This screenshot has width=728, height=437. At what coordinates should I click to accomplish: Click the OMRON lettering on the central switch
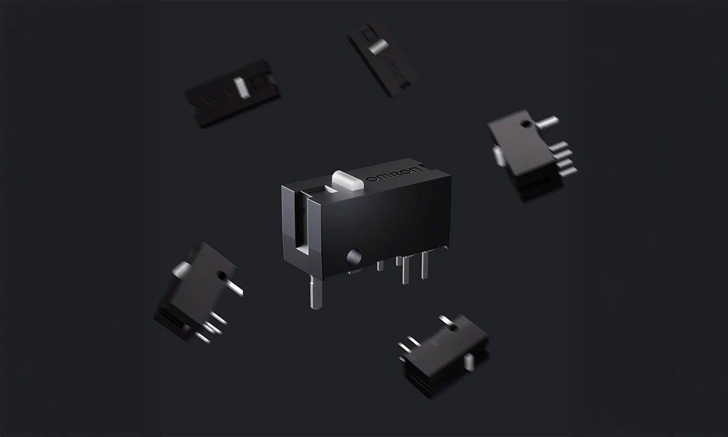(x=394, y=174)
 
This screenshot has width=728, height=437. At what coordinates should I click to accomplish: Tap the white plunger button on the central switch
(x=348, y=180)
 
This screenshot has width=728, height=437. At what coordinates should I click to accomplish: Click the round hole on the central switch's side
(x=354, y=257)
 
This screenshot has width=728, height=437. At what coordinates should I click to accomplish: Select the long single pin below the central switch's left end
(x=316, y=292)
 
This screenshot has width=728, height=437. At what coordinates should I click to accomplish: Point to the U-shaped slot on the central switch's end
(x=302, y=225)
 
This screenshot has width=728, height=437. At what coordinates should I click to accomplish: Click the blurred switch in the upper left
(x=233, y=93)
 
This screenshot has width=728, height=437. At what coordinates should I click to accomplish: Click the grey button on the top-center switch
(x=379, y=47)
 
